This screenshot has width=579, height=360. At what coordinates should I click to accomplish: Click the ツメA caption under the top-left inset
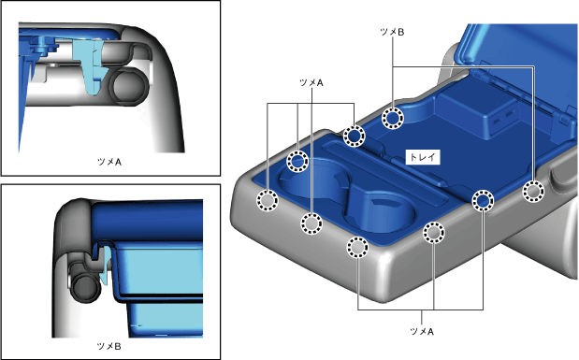click(x=109, y=162)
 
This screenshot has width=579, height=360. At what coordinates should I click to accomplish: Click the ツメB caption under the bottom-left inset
click(x=109, y=346)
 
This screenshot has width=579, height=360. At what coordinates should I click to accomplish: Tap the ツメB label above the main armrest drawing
click(x=392, y=32)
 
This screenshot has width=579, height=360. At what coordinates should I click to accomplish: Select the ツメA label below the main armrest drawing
click(x=422, y=332)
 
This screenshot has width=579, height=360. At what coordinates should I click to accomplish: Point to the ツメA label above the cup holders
click(x=311, y=82)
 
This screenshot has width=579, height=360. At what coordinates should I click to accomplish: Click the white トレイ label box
click(x=423, y=157)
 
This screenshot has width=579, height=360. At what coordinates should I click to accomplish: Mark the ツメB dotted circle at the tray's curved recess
click(x=393, y=118)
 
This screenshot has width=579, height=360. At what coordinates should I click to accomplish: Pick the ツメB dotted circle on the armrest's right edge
click(x=533, y=192)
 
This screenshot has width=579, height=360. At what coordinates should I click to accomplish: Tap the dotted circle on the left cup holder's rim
click(x=297, y=161)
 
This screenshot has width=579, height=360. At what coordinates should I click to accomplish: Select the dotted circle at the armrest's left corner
click(x=267, y=200)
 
